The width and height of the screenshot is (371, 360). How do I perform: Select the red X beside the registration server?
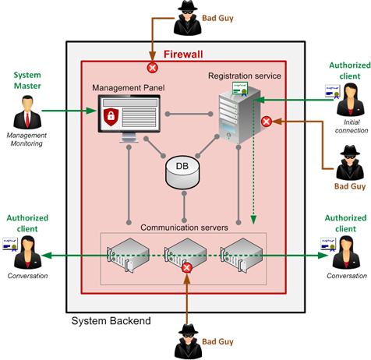coord(266,121)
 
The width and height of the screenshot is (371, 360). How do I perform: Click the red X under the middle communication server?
coord(186,267)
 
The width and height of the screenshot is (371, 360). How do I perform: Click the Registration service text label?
coord(244,76)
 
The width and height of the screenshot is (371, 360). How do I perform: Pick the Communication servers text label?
coord(183,227)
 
